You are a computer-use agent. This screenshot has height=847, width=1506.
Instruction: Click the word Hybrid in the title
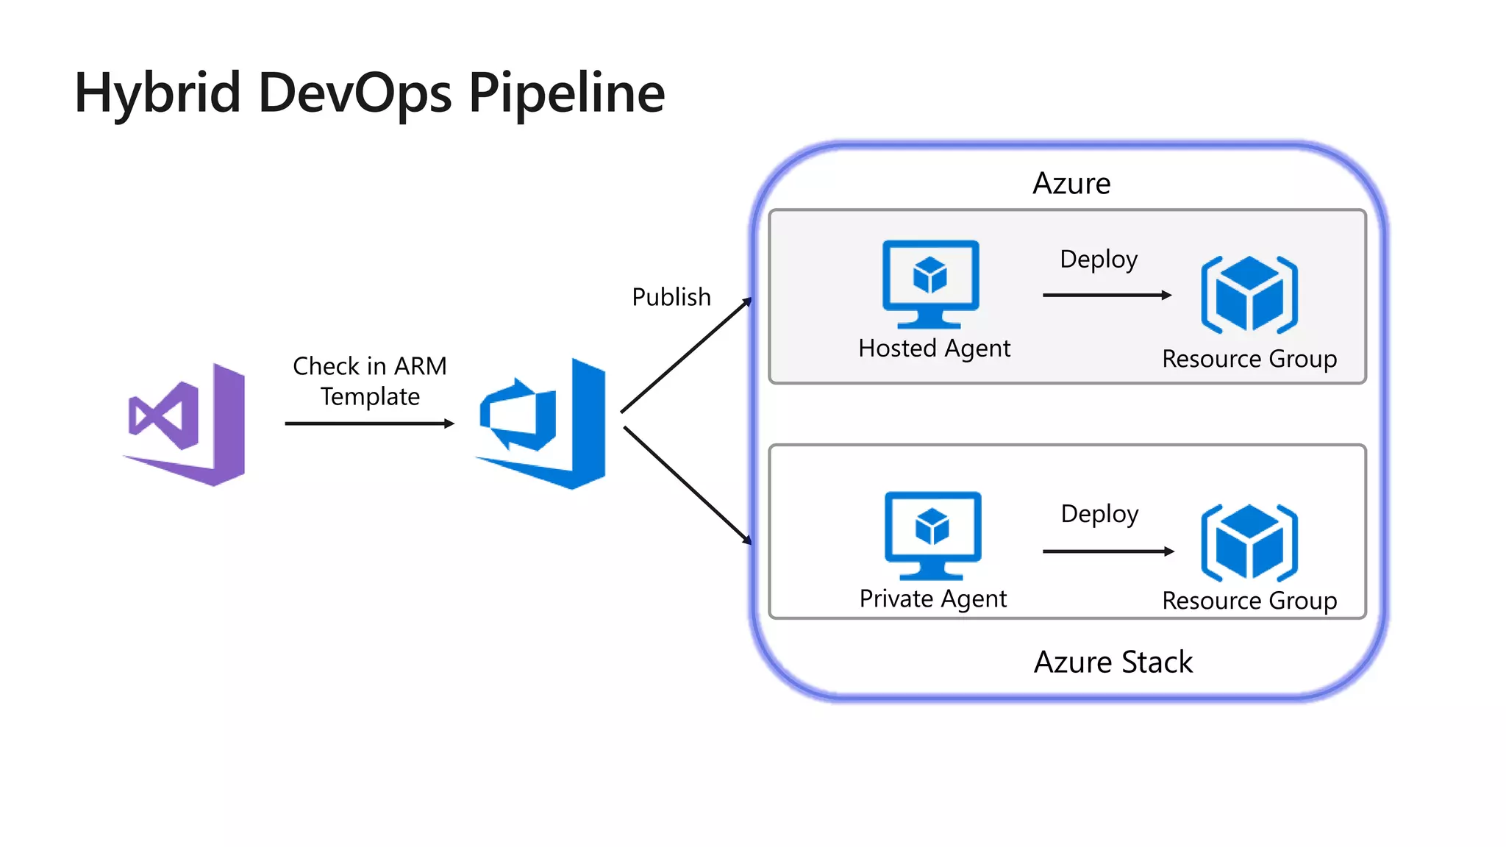pos(157,93)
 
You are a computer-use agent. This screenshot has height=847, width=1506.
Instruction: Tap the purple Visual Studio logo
pos(186,424)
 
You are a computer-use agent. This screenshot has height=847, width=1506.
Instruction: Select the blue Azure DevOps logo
pos(542,424)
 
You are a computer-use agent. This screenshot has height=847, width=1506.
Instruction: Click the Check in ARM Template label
pos(370,381)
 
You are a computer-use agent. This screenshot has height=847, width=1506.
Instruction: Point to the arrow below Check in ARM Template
pos(369,423)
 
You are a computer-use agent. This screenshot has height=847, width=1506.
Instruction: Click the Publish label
pos(671,297)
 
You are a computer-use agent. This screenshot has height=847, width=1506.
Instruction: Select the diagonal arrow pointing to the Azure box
pos(686,355)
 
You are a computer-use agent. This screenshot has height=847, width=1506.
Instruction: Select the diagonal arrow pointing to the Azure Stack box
pos(688,485)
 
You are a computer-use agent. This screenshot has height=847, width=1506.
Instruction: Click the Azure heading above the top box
pos(1071,183)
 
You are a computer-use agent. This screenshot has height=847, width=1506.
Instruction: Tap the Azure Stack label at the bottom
pos(1113,662)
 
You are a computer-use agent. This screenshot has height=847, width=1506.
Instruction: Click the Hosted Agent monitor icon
pos(930,283)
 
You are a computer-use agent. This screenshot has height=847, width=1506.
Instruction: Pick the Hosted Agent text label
pos(934,348)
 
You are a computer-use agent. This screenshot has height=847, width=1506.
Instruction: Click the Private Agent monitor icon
pos(932,535)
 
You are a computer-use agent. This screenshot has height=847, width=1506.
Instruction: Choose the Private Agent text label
pos(932,598)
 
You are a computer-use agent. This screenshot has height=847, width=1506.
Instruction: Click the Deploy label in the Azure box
pos(1099,259)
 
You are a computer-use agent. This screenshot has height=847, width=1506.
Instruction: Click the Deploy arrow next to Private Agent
pos(1108,551)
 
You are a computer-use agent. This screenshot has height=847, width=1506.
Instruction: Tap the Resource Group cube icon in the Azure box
pos(1249,294)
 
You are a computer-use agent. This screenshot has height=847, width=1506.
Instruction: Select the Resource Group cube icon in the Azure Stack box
pos(1249,543)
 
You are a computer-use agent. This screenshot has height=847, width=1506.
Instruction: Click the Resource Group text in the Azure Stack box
pos(1249,601)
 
